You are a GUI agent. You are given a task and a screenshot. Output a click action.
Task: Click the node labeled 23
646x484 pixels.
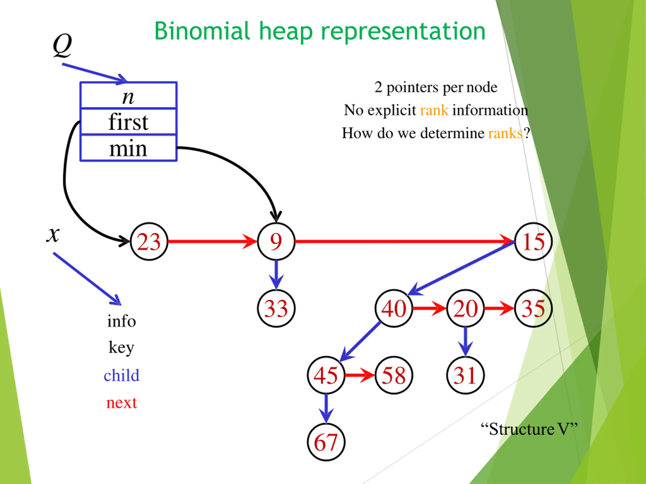(x=149, y=241)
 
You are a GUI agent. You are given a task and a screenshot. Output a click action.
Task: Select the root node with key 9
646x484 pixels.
(x=276, y=241)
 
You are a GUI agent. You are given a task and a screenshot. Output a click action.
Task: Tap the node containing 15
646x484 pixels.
(x=533, y=241)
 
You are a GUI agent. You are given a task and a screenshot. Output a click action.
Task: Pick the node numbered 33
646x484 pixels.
(x=276, y=308)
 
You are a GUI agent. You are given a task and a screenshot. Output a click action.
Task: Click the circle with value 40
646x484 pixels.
(x=394, y=308)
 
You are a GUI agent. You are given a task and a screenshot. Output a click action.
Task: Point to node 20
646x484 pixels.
(x=466, y=308)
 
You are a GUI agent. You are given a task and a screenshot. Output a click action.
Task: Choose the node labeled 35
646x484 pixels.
(x=533, y=308)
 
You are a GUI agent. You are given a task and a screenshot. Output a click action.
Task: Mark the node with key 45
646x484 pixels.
(x=326, y=375)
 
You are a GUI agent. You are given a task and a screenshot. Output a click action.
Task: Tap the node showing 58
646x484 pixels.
(x=394, y=375)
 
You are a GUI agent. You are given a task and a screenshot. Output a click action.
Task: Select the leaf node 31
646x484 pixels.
(x=466, y=375)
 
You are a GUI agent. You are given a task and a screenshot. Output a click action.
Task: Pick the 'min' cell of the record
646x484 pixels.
(x=128, y=148)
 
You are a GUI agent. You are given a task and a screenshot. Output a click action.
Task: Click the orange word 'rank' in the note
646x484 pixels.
(x=434, y=110)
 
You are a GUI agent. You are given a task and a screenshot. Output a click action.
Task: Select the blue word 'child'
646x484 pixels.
(x=121, y=375)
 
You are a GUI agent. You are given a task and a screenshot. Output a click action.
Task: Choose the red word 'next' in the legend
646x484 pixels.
(x=121, y=403)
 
